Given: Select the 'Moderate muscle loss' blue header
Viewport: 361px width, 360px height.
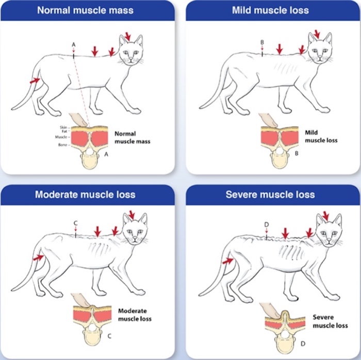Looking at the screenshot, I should [85, 194].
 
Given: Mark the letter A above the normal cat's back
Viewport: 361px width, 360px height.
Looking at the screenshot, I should [74, 45].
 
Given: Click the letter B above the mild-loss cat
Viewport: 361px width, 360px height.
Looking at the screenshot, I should [262, 42].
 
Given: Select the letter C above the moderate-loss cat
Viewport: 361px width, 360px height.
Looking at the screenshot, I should [75, 223].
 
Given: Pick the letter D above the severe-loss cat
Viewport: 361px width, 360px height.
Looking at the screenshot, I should [266, 224].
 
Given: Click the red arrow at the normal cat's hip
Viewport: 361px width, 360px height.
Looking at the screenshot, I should [35, 80].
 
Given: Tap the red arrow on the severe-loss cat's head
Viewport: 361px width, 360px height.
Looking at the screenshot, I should [325, 214].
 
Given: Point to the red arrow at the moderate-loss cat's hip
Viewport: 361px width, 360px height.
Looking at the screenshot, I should [38, 255].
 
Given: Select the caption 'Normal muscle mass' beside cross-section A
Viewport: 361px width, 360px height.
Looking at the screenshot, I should [132, 137].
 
